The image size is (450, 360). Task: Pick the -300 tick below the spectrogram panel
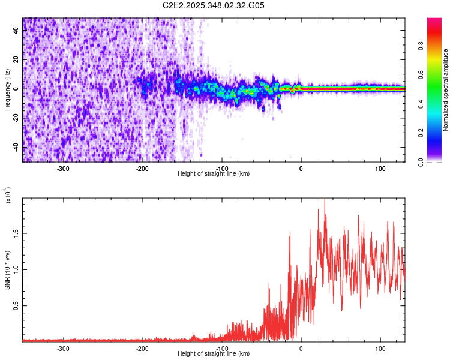coord(64,169)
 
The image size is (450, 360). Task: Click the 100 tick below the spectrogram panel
coord(380,169)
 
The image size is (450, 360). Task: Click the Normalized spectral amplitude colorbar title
coord(446,90)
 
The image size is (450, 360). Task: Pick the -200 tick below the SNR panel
coord(143,349)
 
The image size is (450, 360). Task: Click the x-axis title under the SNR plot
coord(214,354)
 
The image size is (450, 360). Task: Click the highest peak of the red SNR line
coord(325,200)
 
